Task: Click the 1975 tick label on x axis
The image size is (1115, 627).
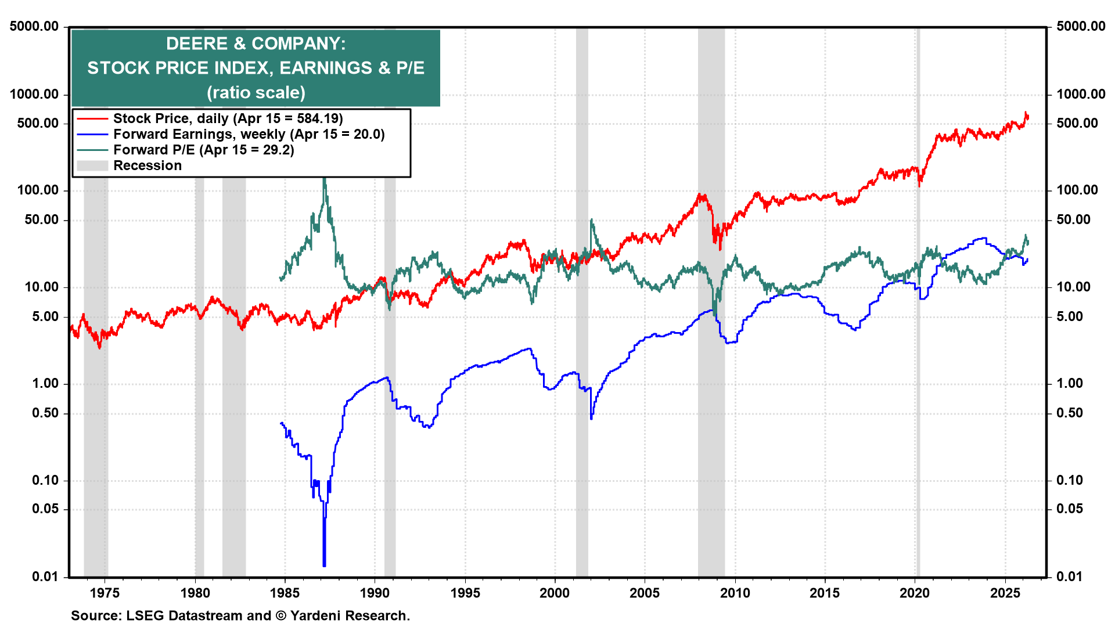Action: [105, 593]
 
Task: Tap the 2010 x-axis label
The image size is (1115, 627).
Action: [735, 593]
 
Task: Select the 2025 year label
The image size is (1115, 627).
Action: [1005, 593]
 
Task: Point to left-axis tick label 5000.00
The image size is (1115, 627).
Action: [34, 26]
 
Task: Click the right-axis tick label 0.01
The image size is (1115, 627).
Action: [1069, 576]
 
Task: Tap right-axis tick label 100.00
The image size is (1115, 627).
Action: [1077, 190]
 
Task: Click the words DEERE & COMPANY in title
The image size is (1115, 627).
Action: [256, 44]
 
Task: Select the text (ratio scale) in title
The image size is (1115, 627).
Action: [256, 92]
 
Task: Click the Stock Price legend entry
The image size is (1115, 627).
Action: [228, 118]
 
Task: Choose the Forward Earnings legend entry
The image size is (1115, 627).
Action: [249, 134]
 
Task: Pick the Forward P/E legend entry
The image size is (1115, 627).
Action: [203, 150]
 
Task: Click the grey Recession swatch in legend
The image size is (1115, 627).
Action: [92, 165]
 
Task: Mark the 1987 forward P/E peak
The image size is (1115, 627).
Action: [324, 180]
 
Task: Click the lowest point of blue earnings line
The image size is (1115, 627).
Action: [324, 564]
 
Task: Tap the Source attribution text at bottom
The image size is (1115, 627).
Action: [240, 615]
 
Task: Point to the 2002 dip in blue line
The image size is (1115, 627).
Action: [591, 417]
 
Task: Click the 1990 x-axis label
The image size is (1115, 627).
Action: [375, 593]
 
